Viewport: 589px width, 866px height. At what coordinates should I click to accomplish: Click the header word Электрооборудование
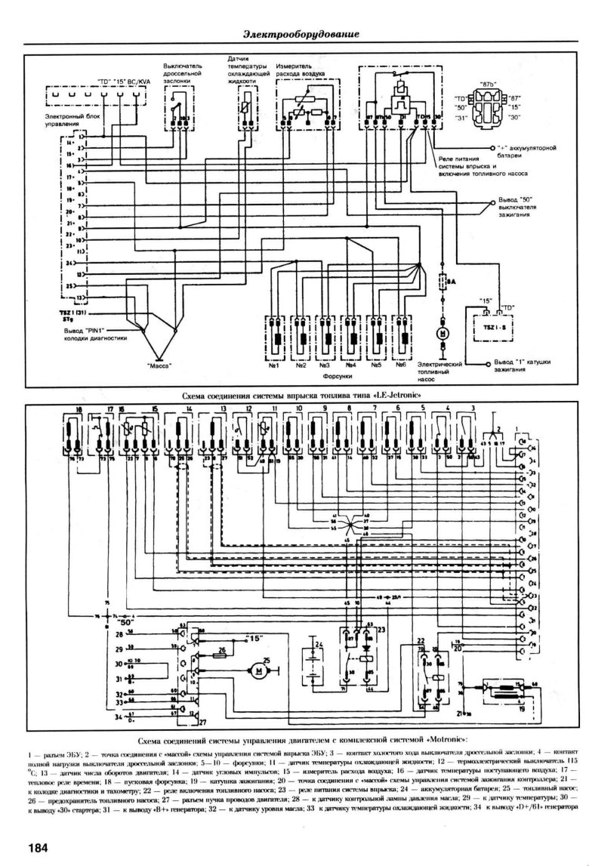click(x=301, y=35)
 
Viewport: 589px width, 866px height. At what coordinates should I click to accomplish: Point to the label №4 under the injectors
click(x=350, y=365)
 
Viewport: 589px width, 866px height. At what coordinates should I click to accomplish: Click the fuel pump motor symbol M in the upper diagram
click(x=443, y=334)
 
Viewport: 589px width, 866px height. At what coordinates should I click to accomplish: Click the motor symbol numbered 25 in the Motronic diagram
click(x=259, y=669)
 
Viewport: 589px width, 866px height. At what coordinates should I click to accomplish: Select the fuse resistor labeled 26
click(x=221, y=655)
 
